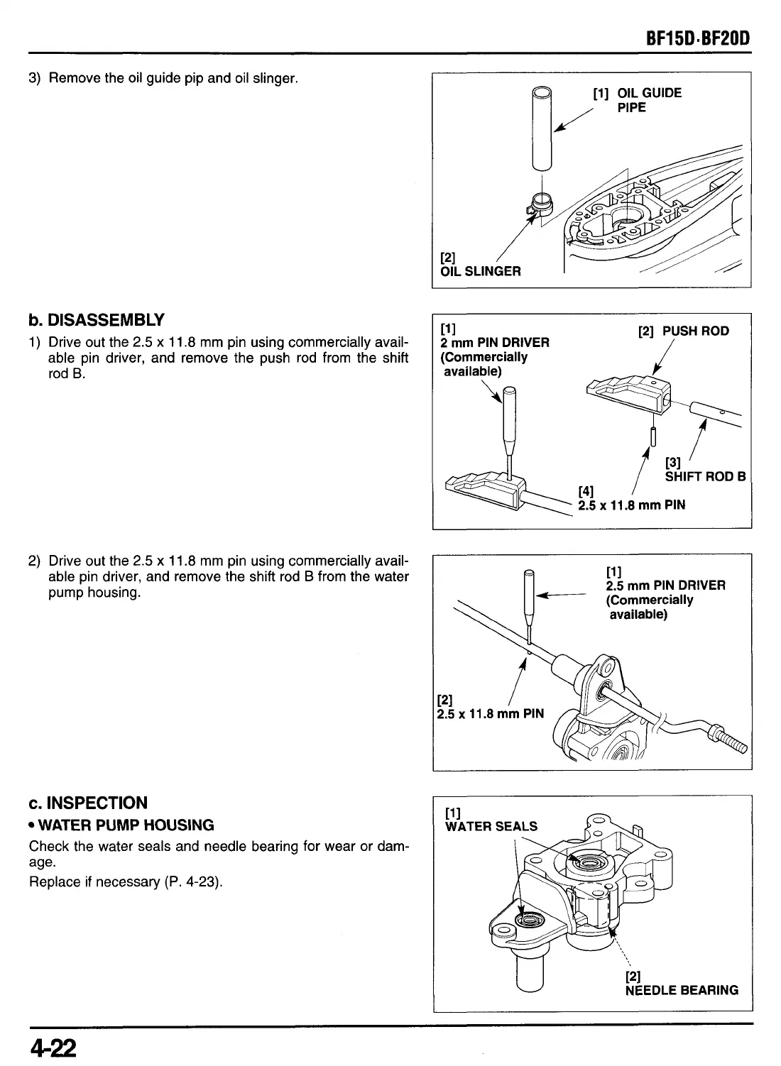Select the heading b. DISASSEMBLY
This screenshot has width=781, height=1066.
click(97, 319)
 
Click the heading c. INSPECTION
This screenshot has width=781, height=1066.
click(88, 803)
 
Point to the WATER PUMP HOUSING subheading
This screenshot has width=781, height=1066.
click(121, 825)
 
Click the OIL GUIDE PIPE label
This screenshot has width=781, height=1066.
click(638, 100)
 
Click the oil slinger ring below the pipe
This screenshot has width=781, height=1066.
click(540, 204)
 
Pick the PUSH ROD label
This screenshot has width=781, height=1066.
click(683, 331)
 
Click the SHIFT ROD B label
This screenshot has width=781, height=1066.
click(704, 476)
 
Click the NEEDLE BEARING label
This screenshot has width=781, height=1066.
click(681, 990)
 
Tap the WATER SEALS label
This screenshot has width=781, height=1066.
click(491, 825)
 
